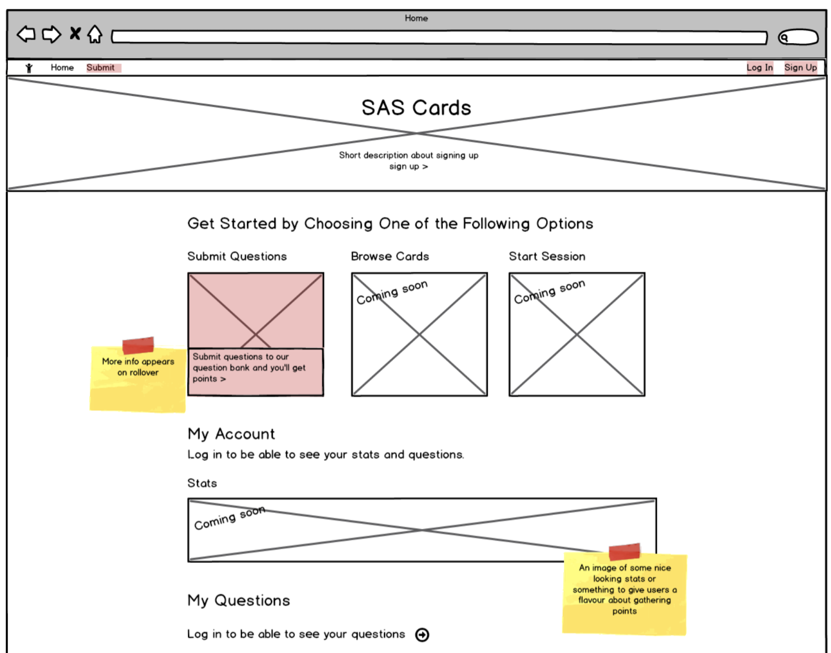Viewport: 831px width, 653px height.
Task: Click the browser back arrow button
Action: (x=26, y=34)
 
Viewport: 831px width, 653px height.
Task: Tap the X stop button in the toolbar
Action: (x=75, y=34)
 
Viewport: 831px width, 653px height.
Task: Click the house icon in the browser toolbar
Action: (x=95, y=34)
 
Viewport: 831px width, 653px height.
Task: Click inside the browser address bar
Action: (x=439, y=37)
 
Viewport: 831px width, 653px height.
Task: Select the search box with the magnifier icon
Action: (x=798, y=37)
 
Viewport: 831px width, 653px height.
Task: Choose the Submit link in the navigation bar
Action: (x=101, y=67)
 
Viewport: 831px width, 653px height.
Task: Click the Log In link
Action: (x=759, y=67)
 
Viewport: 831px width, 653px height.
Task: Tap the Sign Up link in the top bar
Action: (x=800, y=67)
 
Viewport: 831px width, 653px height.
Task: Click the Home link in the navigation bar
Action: (x=62, y=67)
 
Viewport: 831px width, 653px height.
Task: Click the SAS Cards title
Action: (x=416, y=108)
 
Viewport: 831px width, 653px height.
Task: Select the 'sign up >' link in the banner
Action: (x=408, y=166)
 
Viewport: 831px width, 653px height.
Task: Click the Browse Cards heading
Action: (x=390, y=256)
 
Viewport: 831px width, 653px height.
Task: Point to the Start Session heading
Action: (x=547, y=256)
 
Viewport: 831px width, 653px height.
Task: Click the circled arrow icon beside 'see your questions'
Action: (x=422, y=635)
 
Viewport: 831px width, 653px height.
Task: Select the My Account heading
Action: (x=231, y=434)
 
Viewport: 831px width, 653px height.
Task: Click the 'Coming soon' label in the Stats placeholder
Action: (x=229, y=519)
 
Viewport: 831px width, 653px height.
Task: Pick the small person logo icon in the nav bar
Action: (x=29, y=67)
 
